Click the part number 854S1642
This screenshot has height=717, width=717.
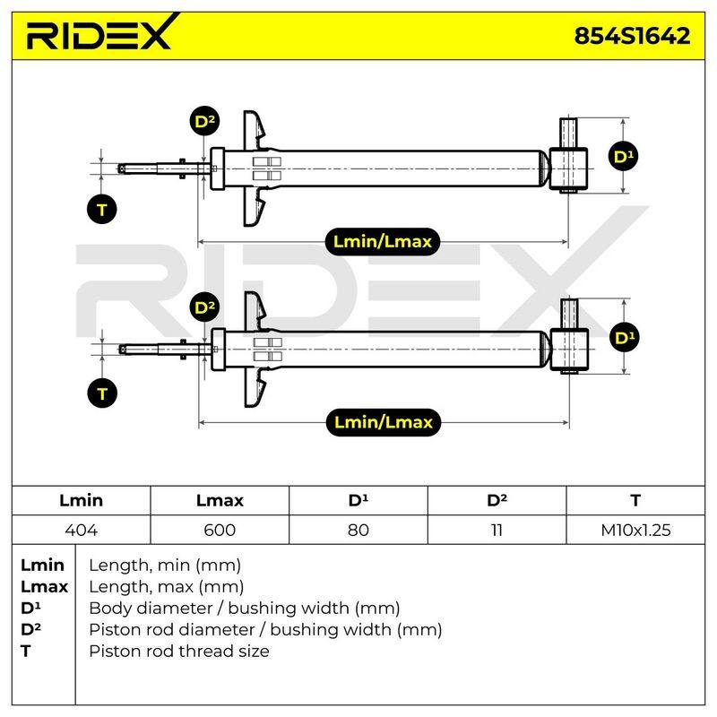click(632, 36)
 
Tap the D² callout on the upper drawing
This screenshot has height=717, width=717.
click(204, 121)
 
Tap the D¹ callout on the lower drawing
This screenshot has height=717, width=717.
click(625, 338)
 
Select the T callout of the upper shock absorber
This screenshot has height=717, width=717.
click(102, 210)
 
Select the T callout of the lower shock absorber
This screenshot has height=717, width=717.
click(102, 393)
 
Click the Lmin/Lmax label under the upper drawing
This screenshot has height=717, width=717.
click(383, 241)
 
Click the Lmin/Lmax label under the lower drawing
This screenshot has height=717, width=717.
click(384, 422)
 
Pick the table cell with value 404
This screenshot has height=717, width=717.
click(81, 530)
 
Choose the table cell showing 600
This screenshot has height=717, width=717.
click(220, 530)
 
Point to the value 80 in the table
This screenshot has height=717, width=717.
click(358, 530)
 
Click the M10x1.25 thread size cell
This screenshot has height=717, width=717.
click(635, 530)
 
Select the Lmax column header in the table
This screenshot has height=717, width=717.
click(220, 500)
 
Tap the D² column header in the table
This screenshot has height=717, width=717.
click(497, 500)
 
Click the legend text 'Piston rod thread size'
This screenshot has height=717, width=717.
click(178, 652)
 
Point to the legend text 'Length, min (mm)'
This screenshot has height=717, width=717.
click(165, 566)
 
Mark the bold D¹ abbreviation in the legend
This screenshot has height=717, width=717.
click(30, 609)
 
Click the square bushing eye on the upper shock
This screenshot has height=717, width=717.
click(568, 168)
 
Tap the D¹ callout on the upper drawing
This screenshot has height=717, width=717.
click(624, 156)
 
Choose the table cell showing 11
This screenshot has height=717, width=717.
click(497, 530)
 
